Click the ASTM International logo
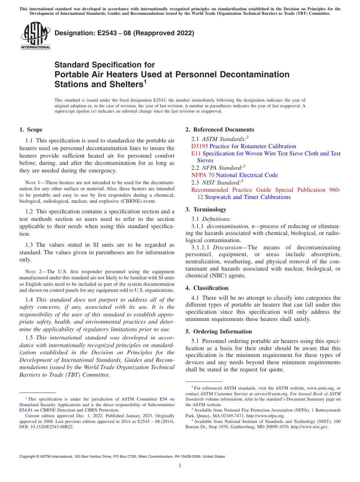click(35, 36)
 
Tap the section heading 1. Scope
click(31, 130)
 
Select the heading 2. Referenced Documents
click(220, 130)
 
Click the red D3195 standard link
click(200, 146)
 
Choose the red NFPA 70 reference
click(203, 175)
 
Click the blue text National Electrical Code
click(247, 175)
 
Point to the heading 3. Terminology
click(210, 210)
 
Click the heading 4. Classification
click(211, 288)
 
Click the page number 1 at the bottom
click(180, 466)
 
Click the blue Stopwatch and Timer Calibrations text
click(248, 197)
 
